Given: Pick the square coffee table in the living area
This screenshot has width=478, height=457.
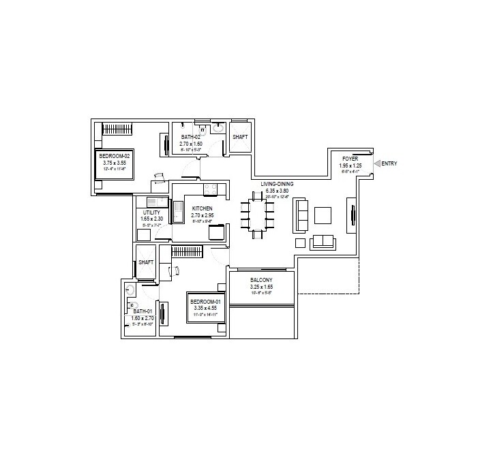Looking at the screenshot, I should [323, 215].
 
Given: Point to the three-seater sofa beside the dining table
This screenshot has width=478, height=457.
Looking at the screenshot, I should [301, 215].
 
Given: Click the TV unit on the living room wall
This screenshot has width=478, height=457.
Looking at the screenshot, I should [353, 215].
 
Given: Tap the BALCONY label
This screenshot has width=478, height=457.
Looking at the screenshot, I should [262, 279].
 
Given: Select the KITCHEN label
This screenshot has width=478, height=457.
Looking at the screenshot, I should [203, 208].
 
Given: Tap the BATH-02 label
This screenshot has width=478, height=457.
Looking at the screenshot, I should [191, 137].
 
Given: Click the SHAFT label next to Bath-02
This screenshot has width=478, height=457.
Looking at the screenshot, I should [240, 137].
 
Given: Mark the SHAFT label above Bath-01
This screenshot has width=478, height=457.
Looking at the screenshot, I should [145, 263].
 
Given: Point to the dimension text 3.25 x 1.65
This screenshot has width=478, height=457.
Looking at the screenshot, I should [262, 287].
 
